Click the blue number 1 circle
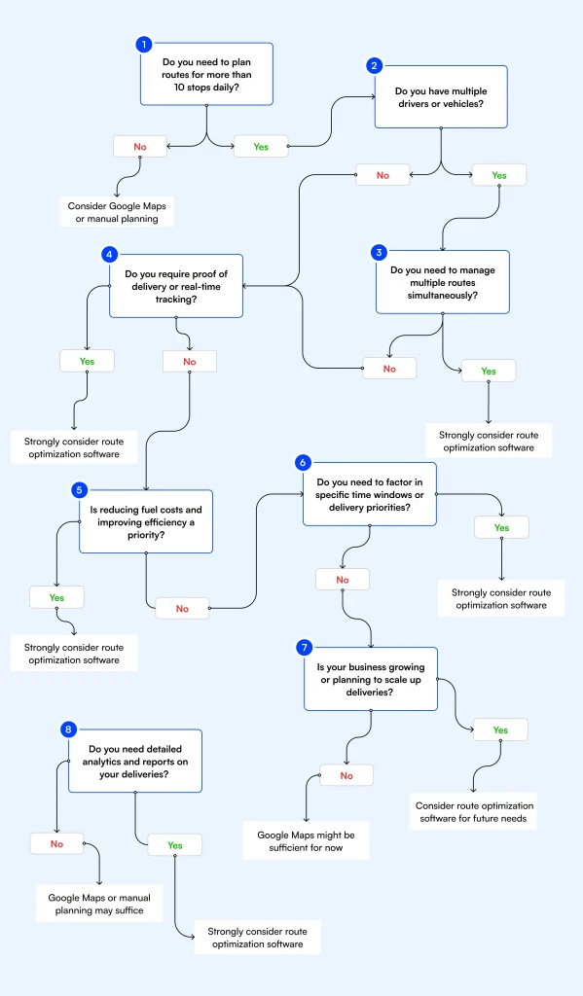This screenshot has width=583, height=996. click(x=144, y=44)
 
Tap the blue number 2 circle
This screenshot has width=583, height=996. click(x=374, y=66)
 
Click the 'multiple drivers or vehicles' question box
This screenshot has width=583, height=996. click(x=441, y=96)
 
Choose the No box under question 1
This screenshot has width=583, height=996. click(x=140, y=147)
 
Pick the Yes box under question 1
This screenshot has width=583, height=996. click(x=261, y=147)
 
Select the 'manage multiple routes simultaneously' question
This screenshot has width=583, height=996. click(x=442, y=282)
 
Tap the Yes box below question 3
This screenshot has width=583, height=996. click(x=488, y=371)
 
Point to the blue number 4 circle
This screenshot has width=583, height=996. click(x=109, y=254)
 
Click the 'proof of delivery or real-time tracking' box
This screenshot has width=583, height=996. click(x=175, y=286)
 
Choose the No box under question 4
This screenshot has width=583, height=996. click(x=189, y=361)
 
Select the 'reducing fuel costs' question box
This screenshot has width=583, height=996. click(x=145, y=521)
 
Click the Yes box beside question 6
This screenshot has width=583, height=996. click(x=501, y=527)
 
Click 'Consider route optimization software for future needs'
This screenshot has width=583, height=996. click(x=474, y=812)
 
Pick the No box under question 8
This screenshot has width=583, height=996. click(x=56, y=844)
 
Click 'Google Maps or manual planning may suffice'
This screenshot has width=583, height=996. click(x=99, y=904)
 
